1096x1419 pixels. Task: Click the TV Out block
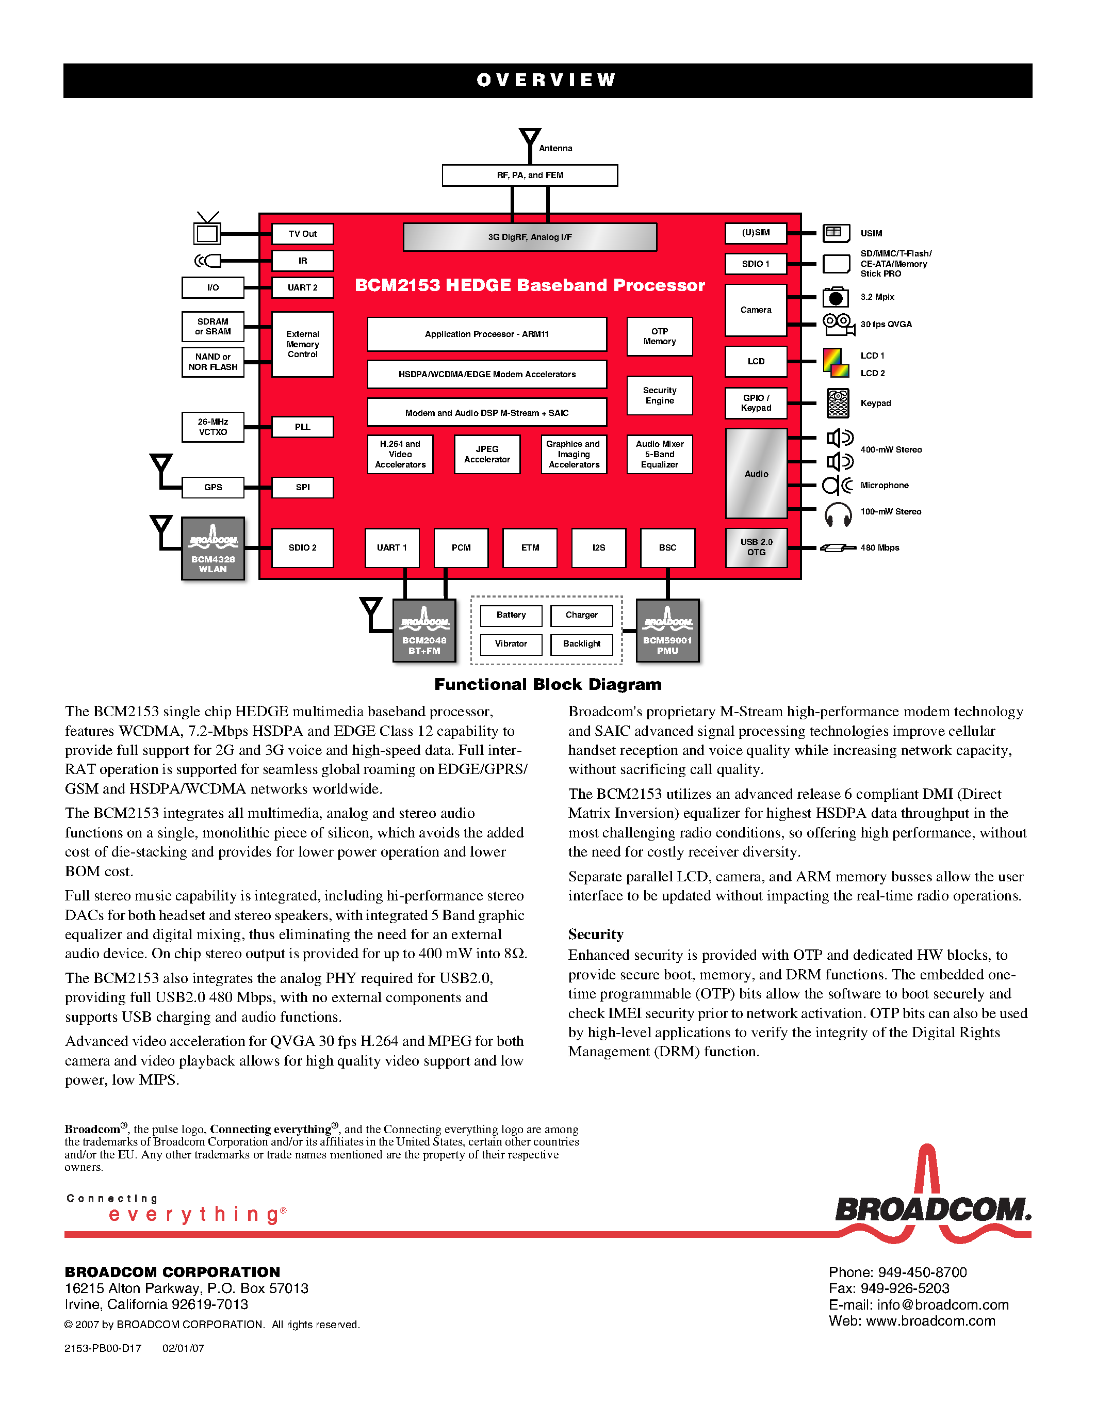[x=303, y=234]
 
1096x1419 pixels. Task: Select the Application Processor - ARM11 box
[x=487, y=334]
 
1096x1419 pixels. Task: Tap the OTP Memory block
[x=660, y=336]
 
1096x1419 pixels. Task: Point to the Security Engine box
[x=660, y=396]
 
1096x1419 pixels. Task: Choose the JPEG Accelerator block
[x=487, y=454]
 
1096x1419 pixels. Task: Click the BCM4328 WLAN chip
[x=213, y=549]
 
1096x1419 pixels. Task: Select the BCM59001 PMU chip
[x=667, y=630]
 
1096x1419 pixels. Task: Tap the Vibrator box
[x=511, y=644]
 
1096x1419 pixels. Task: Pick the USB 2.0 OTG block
[x=757, y=547]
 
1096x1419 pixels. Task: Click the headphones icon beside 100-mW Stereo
[x=838, y=514]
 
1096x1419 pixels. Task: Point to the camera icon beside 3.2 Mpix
[x=836, y=298]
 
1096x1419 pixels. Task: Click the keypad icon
[x=838, y=404]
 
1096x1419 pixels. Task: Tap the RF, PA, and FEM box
[x=530, y=175]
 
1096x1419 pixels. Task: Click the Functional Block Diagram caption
[x=548, y=684]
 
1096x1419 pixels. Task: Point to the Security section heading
[x=595, y=934]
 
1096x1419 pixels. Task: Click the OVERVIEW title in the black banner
[x=547, y=80]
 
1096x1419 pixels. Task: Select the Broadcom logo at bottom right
[x=933, y=1202]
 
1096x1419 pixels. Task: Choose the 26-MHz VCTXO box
[x=213, y=427]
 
